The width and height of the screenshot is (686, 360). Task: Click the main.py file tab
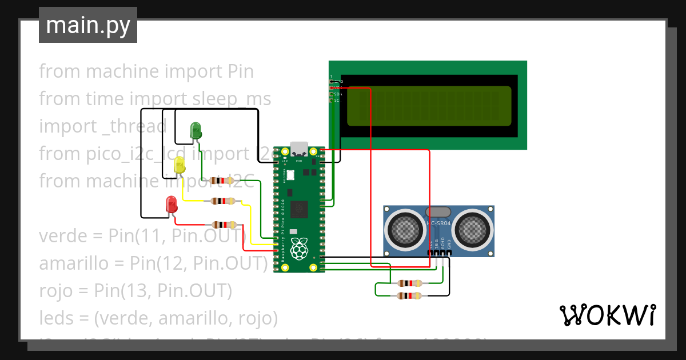click(x=87, y=25)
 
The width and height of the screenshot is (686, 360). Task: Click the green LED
click(x=196, y=131)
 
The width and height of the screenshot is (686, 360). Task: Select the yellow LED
click(x=180, y=165)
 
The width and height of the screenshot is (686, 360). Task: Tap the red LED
click(x=171, y=204)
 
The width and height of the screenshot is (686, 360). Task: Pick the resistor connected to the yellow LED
click(x=222, y=201)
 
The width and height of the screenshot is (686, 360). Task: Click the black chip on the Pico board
click(x=299, y=209)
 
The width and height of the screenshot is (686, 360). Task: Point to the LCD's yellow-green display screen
click(x=429, y=106)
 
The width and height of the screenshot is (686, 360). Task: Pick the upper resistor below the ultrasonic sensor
click(x=410, y=283)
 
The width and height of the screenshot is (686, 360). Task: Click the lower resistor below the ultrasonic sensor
click(x=410, y=295)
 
